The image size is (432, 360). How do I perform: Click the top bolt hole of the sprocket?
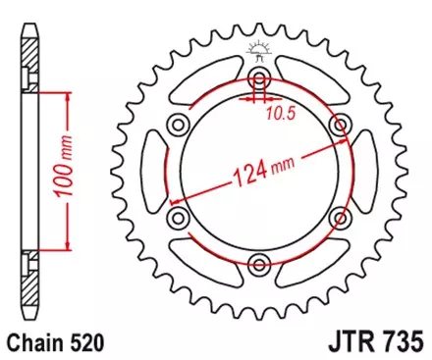tap(259, 77)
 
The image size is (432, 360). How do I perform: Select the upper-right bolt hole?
tap(341, 124)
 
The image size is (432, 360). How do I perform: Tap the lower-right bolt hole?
tap(341, 217)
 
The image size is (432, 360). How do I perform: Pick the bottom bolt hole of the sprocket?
tap(259, 263)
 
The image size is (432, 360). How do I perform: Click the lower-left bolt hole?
tap(178, 217)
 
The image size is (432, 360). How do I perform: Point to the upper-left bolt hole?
tap(178, 124)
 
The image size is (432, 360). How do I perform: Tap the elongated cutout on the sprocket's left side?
tap(154, 171)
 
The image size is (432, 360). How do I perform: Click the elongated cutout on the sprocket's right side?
tap(365, 171)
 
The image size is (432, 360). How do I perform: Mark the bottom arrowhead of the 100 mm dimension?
tap(68, 245)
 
